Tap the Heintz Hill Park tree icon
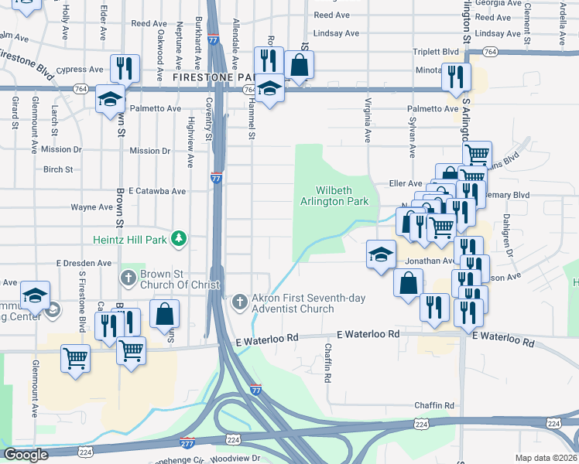click(x=180, y=238)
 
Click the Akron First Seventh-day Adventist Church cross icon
click(x=240, y=299)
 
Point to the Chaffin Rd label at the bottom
click(x=433, y=405)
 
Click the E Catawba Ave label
click(x=157, y=191)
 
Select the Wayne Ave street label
click(x=92, y=207)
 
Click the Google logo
click(x=26, y=455)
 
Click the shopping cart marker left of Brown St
click(x=75, y=358)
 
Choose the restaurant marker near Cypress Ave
click(x=124, y=68)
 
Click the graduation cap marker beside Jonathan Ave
click(x=381, y=254)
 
